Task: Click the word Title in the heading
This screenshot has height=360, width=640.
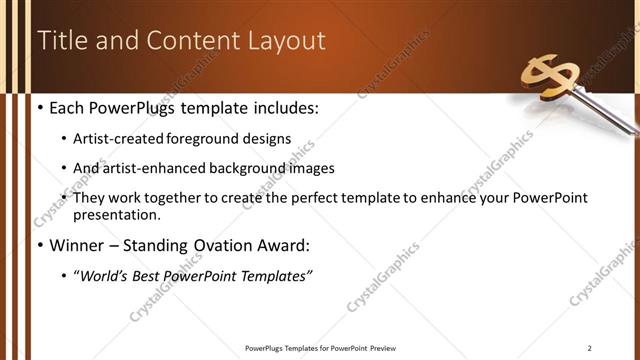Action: pyautogui.click(x=62, y=41)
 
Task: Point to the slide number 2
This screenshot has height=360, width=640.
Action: pyautogui.click(x=590, y=347)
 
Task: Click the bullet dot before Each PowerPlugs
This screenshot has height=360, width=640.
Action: pyautogui.click(x=39, y=108)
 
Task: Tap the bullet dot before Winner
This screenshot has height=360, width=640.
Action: pyautogui.click(x=39, y=245)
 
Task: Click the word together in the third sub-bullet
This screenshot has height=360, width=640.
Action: pyautogui.click(x=166, y=199)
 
